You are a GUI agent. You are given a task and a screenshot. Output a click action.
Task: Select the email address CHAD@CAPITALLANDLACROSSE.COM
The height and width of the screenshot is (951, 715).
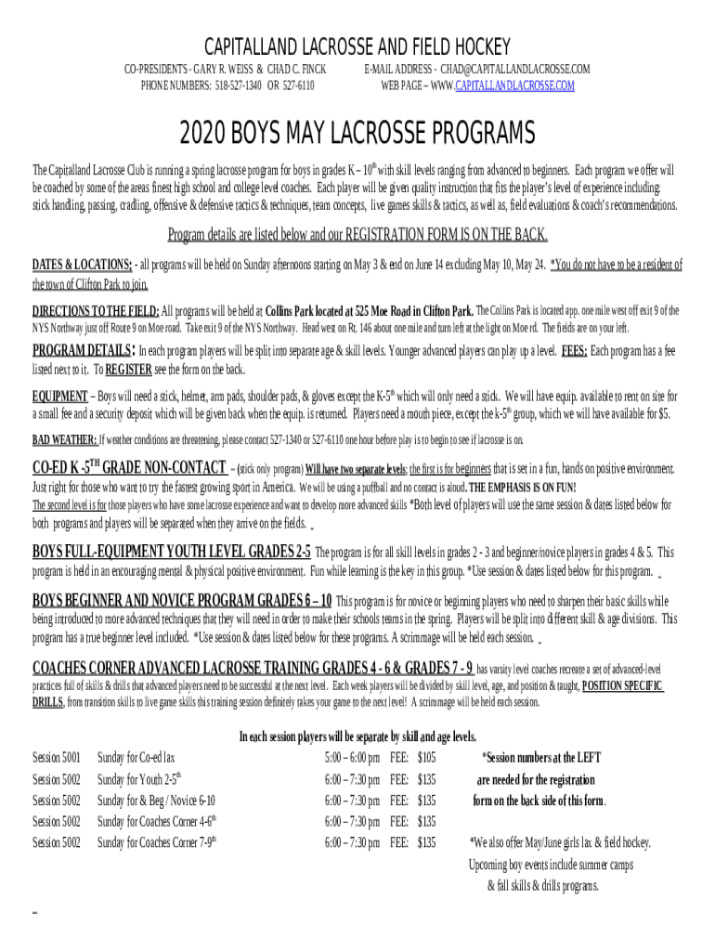tap(515, 70)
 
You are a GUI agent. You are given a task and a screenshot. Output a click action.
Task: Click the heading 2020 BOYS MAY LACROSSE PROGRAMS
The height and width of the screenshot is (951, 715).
tap(357, 135)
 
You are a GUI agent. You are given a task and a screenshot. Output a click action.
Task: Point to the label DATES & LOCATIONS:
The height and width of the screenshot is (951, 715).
tap(83, 266)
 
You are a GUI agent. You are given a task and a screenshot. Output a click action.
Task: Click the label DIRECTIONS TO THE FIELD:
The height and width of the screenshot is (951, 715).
tap(97, 310)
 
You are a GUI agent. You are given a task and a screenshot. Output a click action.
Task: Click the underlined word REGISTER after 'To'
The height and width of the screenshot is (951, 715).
tap(128, 370)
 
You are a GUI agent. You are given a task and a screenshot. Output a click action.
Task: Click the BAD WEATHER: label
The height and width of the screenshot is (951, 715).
tap(65, 438)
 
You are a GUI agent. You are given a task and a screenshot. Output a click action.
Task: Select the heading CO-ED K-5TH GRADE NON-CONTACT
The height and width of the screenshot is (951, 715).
tap(129, 467)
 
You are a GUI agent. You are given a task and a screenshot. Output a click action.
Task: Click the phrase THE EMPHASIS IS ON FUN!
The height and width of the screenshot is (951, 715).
tap(523, 488)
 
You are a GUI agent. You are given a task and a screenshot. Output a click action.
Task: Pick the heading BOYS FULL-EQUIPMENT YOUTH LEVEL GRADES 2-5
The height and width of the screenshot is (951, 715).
tap(172, 551)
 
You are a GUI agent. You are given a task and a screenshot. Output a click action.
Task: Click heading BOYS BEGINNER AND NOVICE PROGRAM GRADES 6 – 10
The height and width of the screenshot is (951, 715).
tap(182, 599)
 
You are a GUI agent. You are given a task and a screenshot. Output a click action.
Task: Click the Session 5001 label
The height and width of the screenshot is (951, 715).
tap(57, 758)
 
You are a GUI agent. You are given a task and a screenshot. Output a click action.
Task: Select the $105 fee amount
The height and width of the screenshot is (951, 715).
tap(426, 758)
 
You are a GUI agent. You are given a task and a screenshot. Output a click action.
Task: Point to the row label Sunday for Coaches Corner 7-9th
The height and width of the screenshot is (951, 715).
tap(158, 843)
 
